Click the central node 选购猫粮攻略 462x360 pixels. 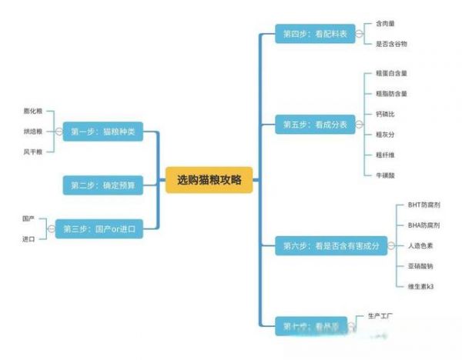(209, 181)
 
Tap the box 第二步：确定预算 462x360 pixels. (102, 185)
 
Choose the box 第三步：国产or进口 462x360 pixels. (98, 228)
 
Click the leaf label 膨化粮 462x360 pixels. (33, 112)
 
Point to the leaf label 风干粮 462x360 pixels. (33, 152)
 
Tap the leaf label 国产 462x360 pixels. (28, 218)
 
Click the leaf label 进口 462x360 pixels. (28, 239)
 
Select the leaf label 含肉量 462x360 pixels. (385, 24)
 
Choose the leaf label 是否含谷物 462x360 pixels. (390, 44)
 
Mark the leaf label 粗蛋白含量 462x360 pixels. (391, 74)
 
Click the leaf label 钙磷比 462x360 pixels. (385, 114)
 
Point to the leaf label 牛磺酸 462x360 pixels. (385, 175)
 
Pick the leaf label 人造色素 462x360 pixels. (419, 246)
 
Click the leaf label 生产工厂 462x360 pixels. (381, 316)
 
